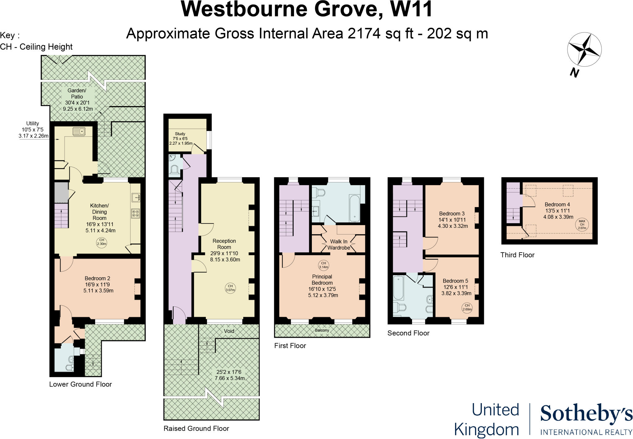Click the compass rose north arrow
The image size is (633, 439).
(584, 49)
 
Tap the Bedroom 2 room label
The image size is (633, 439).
(97, 279)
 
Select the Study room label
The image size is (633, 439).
(180, 134)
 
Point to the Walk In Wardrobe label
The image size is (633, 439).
(339, 245)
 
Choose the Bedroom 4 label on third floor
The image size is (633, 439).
(557, 204)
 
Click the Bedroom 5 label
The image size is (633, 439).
(455, 281)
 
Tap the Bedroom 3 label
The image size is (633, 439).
(452, 214)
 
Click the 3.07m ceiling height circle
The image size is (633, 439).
(230, 288)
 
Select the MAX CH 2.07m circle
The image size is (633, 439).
(582, 224)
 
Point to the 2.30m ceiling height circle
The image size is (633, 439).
(102, 242)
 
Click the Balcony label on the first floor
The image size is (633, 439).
(322, 330)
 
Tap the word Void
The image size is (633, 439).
(229, 331)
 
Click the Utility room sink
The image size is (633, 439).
(79, 132)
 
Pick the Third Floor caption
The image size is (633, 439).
(517, 255)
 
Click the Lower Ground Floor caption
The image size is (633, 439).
(80, 384)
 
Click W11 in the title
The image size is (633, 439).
(411, 9)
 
